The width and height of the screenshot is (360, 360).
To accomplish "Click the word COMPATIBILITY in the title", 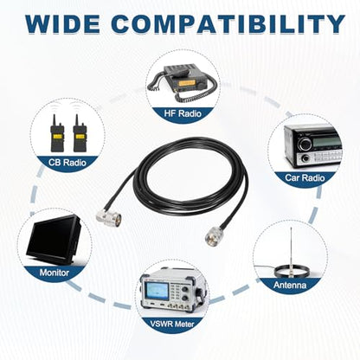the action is (228, 23).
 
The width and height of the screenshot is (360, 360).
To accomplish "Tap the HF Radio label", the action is (183, 113).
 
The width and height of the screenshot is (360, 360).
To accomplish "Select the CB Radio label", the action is (67, 163).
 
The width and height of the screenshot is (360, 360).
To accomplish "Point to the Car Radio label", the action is (305, 177).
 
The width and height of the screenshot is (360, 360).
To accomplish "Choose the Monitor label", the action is (55, 273).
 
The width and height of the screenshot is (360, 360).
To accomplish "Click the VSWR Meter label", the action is (172, 324).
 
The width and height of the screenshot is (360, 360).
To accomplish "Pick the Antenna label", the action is (290, 285).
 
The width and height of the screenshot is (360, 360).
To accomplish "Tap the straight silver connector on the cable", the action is (214, 236).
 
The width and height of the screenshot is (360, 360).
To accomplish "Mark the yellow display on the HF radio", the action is (186, 84).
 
